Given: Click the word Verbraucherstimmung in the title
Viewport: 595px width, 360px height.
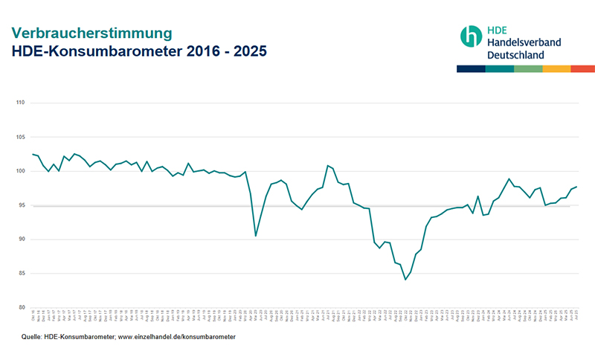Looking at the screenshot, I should tap(91, 33).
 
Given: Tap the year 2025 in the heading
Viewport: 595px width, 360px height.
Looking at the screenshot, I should tap(246, 52).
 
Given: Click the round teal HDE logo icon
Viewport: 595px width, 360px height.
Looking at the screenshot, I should tap(471, 36).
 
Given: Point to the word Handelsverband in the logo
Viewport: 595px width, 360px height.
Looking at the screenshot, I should tap(524, 42).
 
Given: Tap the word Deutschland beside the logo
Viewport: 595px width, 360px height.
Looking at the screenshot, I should tap(515, 55).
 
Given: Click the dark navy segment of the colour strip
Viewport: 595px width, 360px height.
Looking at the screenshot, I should tap(471, 68).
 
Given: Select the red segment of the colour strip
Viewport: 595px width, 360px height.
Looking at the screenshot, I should tap(582, 68).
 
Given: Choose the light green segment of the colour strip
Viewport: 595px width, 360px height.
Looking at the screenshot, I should tap(527, 68).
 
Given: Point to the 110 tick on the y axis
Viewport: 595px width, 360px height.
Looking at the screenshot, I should tap(20, 103).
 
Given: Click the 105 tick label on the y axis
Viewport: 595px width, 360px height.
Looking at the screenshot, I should tap(20, 137).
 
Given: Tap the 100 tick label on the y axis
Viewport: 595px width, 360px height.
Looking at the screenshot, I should tap(20, 171).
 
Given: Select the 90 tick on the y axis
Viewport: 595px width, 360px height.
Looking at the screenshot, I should tap(21, 240).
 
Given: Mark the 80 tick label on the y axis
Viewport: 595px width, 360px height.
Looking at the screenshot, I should tap(21, 307).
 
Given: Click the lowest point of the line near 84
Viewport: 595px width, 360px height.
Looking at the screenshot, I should tap(405, 280).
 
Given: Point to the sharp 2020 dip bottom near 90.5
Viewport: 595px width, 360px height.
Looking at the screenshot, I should tap(256, 236).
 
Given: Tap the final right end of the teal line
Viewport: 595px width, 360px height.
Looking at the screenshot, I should tap(577, 187).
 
